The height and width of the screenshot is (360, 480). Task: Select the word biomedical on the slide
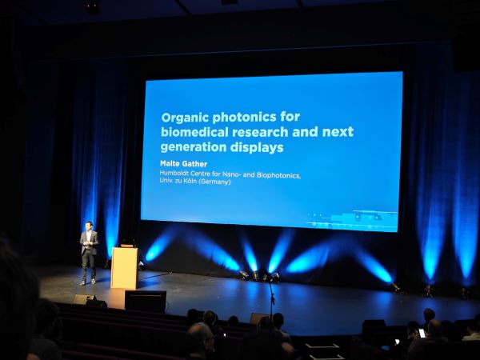pyautogui.click(x=194, y=132)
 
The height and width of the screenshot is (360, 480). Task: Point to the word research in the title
pyautogui.click(x=260, y=132)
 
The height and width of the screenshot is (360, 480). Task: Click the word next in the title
pyautogui.click(x=338, y=132)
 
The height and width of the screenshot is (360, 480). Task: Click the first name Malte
pyautogui.click(x=170, y=163)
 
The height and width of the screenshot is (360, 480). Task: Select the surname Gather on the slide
pyautogui.click(x=194, y=164)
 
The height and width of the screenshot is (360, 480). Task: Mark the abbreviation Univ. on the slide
pyautogui.click(x=166, y=181)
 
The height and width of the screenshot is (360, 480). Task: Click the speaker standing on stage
pyautogui.click(x=89, y=253)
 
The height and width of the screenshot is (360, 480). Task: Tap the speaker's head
pyautogui.click(x=89, y=226)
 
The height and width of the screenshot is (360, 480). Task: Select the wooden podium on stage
pyautogui.click(x=124, y=267)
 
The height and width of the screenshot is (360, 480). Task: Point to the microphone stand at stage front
pyautogui.click(x=271, y=298)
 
